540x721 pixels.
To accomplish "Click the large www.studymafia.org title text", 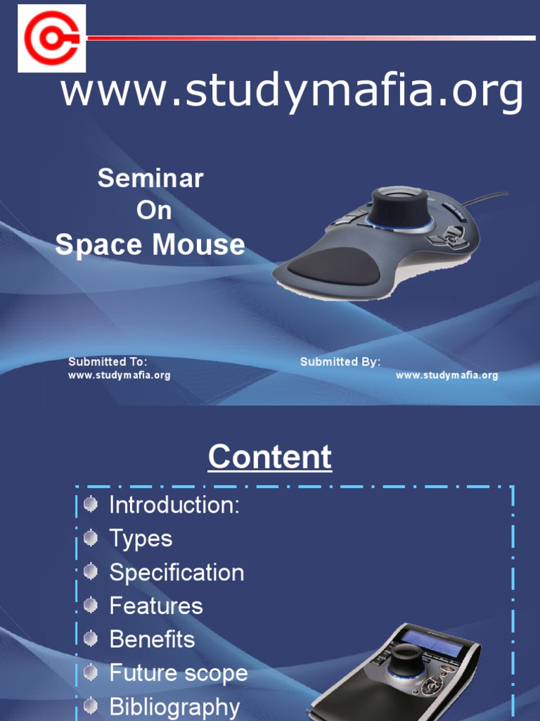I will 292,93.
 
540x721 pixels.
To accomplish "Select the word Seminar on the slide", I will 150,178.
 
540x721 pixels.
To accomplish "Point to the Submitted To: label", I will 107,362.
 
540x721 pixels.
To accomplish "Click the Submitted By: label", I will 340,362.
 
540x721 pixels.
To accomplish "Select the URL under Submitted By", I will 446,375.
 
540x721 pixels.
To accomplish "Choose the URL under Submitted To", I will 119,375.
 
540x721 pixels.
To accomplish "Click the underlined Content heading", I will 270,458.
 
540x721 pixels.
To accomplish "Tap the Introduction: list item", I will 174,505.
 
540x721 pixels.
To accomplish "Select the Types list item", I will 141,539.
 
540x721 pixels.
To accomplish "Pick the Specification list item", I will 176,572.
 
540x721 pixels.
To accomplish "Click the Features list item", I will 156,606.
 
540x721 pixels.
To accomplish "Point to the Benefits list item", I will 152,639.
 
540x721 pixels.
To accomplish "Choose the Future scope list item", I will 179,673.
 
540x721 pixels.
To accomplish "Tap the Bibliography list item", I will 174,706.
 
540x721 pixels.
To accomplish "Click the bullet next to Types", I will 90,539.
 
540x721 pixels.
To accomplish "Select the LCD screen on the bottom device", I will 432,642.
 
